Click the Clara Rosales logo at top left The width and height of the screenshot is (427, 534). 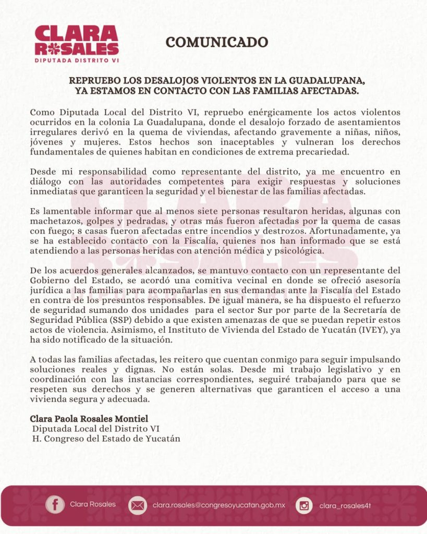pyautogui.click(x=77, y=44)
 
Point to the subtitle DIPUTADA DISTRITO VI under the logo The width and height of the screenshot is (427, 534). pyautogui.click(x=77, y=60)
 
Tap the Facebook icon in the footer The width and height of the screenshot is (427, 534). pyautogui.click(x=55, y=504)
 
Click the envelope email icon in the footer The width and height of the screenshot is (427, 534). pyautogui.click(x=138, y=505)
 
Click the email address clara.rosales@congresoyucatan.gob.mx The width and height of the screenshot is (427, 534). pyautogui.click(x=219, y=505)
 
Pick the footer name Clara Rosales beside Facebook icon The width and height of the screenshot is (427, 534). pyautogui.click(x=93, y=504)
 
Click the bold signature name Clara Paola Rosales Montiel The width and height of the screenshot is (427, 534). pyautogui.click(x=89, y=419)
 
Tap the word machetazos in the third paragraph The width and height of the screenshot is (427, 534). pyautogui.click(x=52, y=221)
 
